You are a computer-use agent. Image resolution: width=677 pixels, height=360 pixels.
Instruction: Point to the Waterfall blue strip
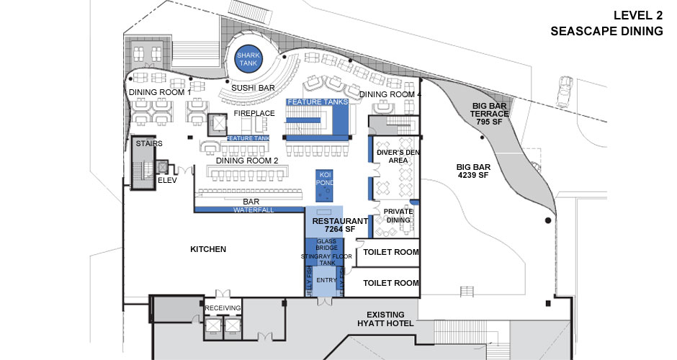(x=249, y=210)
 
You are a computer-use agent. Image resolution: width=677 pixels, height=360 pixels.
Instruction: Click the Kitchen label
(x=208, y=249)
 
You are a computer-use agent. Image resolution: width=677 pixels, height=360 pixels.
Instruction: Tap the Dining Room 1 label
(x=160, y=92)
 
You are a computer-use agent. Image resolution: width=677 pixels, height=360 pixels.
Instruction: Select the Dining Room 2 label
(x=246, y=160)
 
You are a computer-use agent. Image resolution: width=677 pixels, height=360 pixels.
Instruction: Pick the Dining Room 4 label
(x=390, y=94)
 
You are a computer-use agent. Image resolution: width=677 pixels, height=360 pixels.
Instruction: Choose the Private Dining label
(x=398, y=215)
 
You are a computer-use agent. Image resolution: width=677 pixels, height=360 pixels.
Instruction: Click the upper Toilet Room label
(x=390, y=253)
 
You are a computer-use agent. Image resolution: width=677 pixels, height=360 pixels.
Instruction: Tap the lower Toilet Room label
(x=390, y=283)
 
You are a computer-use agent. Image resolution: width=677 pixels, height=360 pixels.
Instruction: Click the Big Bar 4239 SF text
(x=473, y=170)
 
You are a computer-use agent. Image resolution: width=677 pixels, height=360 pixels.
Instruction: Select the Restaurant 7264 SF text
(x=336, y=225)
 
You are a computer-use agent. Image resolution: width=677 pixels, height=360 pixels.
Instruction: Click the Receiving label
(x=223, y=308)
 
